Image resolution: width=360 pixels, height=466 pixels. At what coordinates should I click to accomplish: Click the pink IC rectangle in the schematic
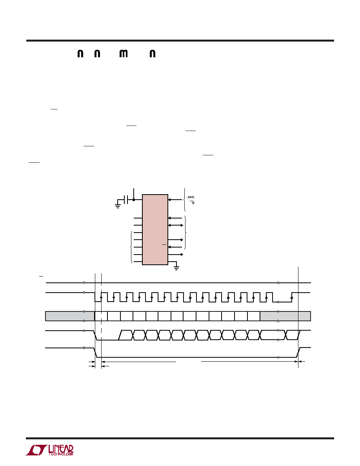point(155,229)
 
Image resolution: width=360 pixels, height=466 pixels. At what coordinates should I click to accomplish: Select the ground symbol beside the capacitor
point(118,206)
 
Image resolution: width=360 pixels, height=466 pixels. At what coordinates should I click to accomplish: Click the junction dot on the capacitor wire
point(134,200)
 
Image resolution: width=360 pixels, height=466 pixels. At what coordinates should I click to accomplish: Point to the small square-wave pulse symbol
point(191,197)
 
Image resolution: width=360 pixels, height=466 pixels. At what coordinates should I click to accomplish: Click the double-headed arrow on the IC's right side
point(176,225)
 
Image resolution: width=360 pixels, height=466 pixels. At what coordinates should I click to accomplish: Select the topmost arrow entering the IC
point(175,200)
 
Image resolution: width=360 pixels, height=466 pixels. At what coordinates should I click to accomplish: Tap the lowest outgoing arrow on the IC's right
point(176,255)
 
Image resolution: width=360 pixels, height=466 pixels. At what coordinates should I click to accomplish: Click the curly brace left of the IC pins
point(131,247)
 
